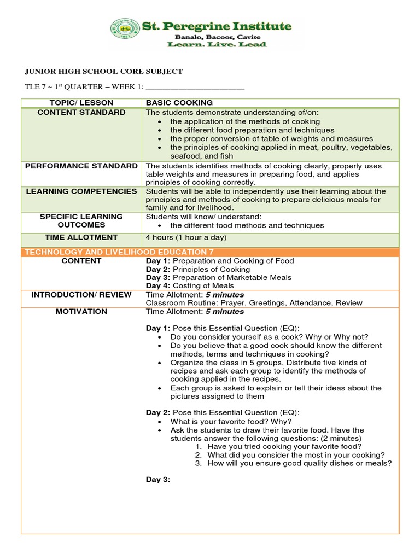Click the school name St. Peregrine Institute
[216, 26]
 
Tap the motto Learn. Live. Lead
[217, 44]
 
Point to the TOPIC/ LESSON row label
[81, 103]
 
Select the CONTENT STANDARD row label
[81, 112]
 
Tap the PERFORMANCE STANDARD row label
[81, 166]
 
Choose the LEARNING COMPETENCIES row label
[81, 191]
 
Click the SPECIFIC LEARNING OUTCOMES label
[81, 220]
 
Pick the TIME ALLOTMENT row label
[81, 237]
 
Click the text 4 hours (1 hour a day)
[185, 237]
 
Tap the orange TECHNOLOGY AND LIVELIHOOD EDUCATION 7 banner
[118, 252]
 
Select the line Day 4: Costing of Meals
[189, 285]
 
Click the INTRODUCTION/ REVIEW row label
[81, 294]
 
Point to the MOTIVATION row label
[81, 311]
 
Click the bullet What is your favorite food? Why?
[231, 422]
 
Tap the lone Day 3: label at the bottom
[158, 480]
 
